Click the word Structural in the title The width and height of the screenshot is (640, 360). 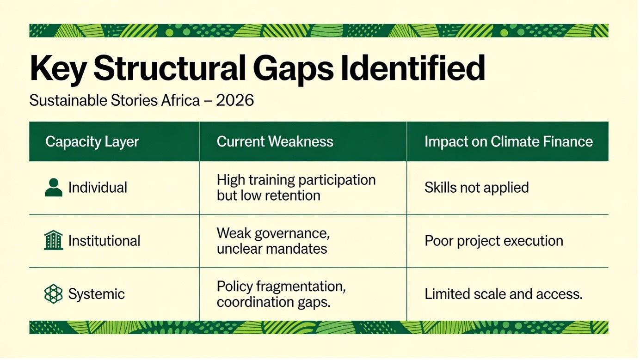[x=170, y=68]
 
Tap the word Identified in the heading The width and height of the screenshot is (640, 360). [x=413, y=68]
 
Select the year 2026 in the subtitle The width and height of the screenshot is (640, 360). [x=235, y=100]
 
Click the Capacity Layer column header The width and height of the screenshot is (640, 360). [x=92, y=141]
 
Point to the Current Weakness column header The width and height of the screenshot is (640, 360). [x=275, y=141]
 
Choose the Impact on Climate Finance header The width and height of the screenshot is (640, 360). [x=509, y=141]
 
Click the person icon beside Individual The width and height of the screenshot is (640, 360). [x=54, y=188]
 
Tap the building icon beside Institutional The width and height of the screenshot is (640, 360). [x=54, y=240]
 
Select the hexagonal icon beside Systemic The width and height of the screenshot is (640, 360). [x=54, y=294]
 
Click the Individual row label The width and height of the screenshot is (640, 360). [x=98, y=188]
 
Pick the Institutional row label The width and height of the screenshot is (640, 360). [x=105, y=241]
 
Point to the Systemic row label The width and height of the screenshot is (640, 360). [x=97, y=294]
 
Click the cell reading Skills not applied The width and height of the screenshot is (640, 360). [x=477, y=188]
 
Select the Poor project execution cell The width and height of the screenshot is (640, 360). [x=494, y=241]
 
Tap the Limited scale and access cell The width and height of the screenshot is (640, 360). [x=504, y=294]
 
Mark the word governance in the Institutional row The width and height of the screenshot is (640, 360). [x=292, y=233]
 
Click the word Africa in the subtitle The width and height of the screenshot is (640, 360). [x=180, y=100]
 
